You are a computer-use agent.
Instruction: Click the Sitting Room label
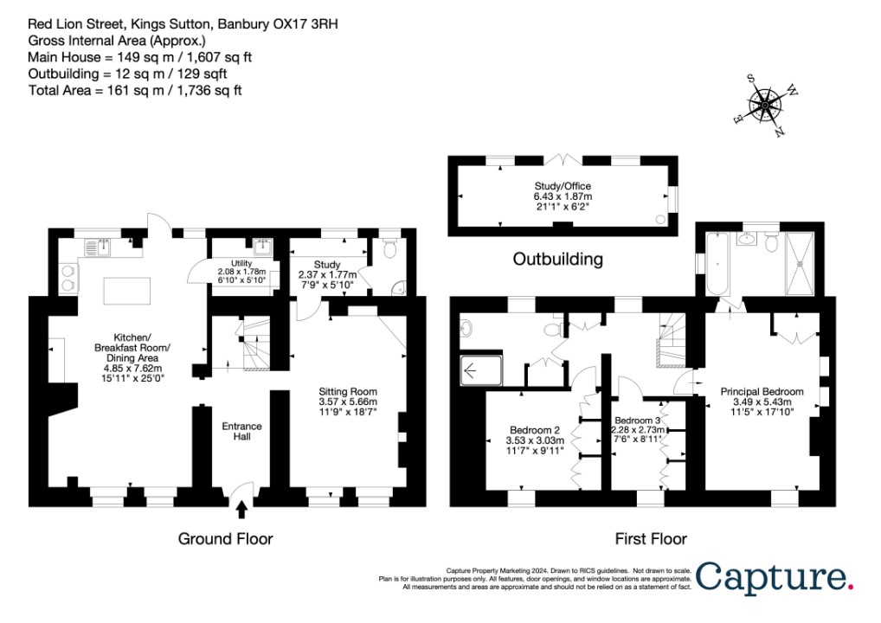[x=348, y=401]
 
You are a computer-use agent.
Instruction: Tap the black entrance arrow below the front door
[x=241, y=509]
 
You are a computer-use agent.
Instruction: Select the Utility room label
[x=241, y=271]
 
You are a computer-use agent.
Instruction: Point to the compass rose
[x=766, y=105]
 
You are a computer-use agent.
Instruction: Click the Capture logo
[x=775, y=577]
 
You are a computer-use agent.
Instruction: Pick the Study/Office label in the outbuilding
[x=563, y=196]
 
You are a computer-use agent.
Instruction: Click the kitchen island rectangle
[x=127, y=291]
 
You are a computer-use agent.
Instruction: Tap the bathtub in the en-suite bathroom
[x=717, y=263]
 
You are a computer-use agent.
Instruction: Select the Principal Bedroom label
[x=762, y=401]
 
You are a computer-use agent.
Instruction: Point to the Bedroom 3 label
[x=637, y=429]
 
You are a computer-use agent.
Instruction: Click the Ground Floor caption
[x=225, y=539]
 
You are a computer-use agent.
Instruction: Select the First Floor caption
[x=651, y=539]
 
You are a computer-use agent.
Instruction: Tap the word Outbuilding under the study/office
[x=558, y=259]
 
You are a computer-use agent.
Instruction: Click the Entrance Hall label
[x=241, y=431]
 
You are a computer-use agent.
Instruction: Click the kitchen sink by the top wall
[x=99, y=247]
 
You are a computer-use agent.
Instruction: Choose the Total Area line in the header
[x=135, y=91]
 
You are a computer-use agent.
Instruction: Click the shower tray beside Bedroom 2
[x=481, y=370]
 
